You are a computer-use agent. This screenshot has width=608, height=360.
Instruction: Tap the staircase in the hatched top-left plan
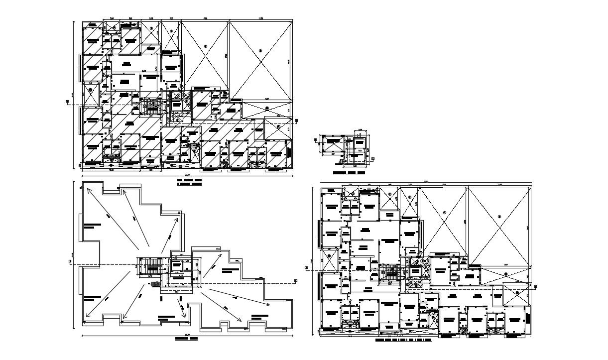click(150, 107)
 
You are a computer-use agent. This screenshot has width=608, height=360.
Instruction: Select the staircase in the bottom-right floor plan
click(390, 272)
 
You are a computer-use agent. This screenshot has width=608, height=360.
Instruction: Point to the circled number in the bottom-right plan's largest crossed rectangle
click(498, 217)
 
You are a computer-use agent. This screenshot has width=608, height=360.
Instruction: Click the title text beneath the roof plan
click(186, 339)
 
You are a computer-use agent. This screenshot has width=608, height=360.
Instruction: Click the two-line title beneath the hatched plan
click(190, 182)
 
